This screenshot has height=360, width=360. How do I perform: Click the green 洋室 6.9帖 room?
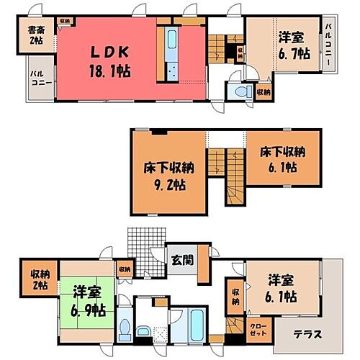pyautogui.click(x=88, y=303)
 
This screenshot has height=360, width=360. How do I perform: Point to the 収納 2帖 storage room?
pyautogui.click(x=39, y=279)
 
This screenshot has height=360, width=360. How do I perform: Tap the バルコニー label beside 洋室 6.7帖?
pyautogui.click(x=328, y=44)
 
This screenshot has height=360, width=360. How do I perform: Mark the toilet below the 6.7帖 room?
pyautogui.click(x=239, y=93)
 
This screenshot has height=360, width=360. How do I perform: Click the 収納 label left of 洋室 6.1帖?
pyautogui.click(x=235, y=297)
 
